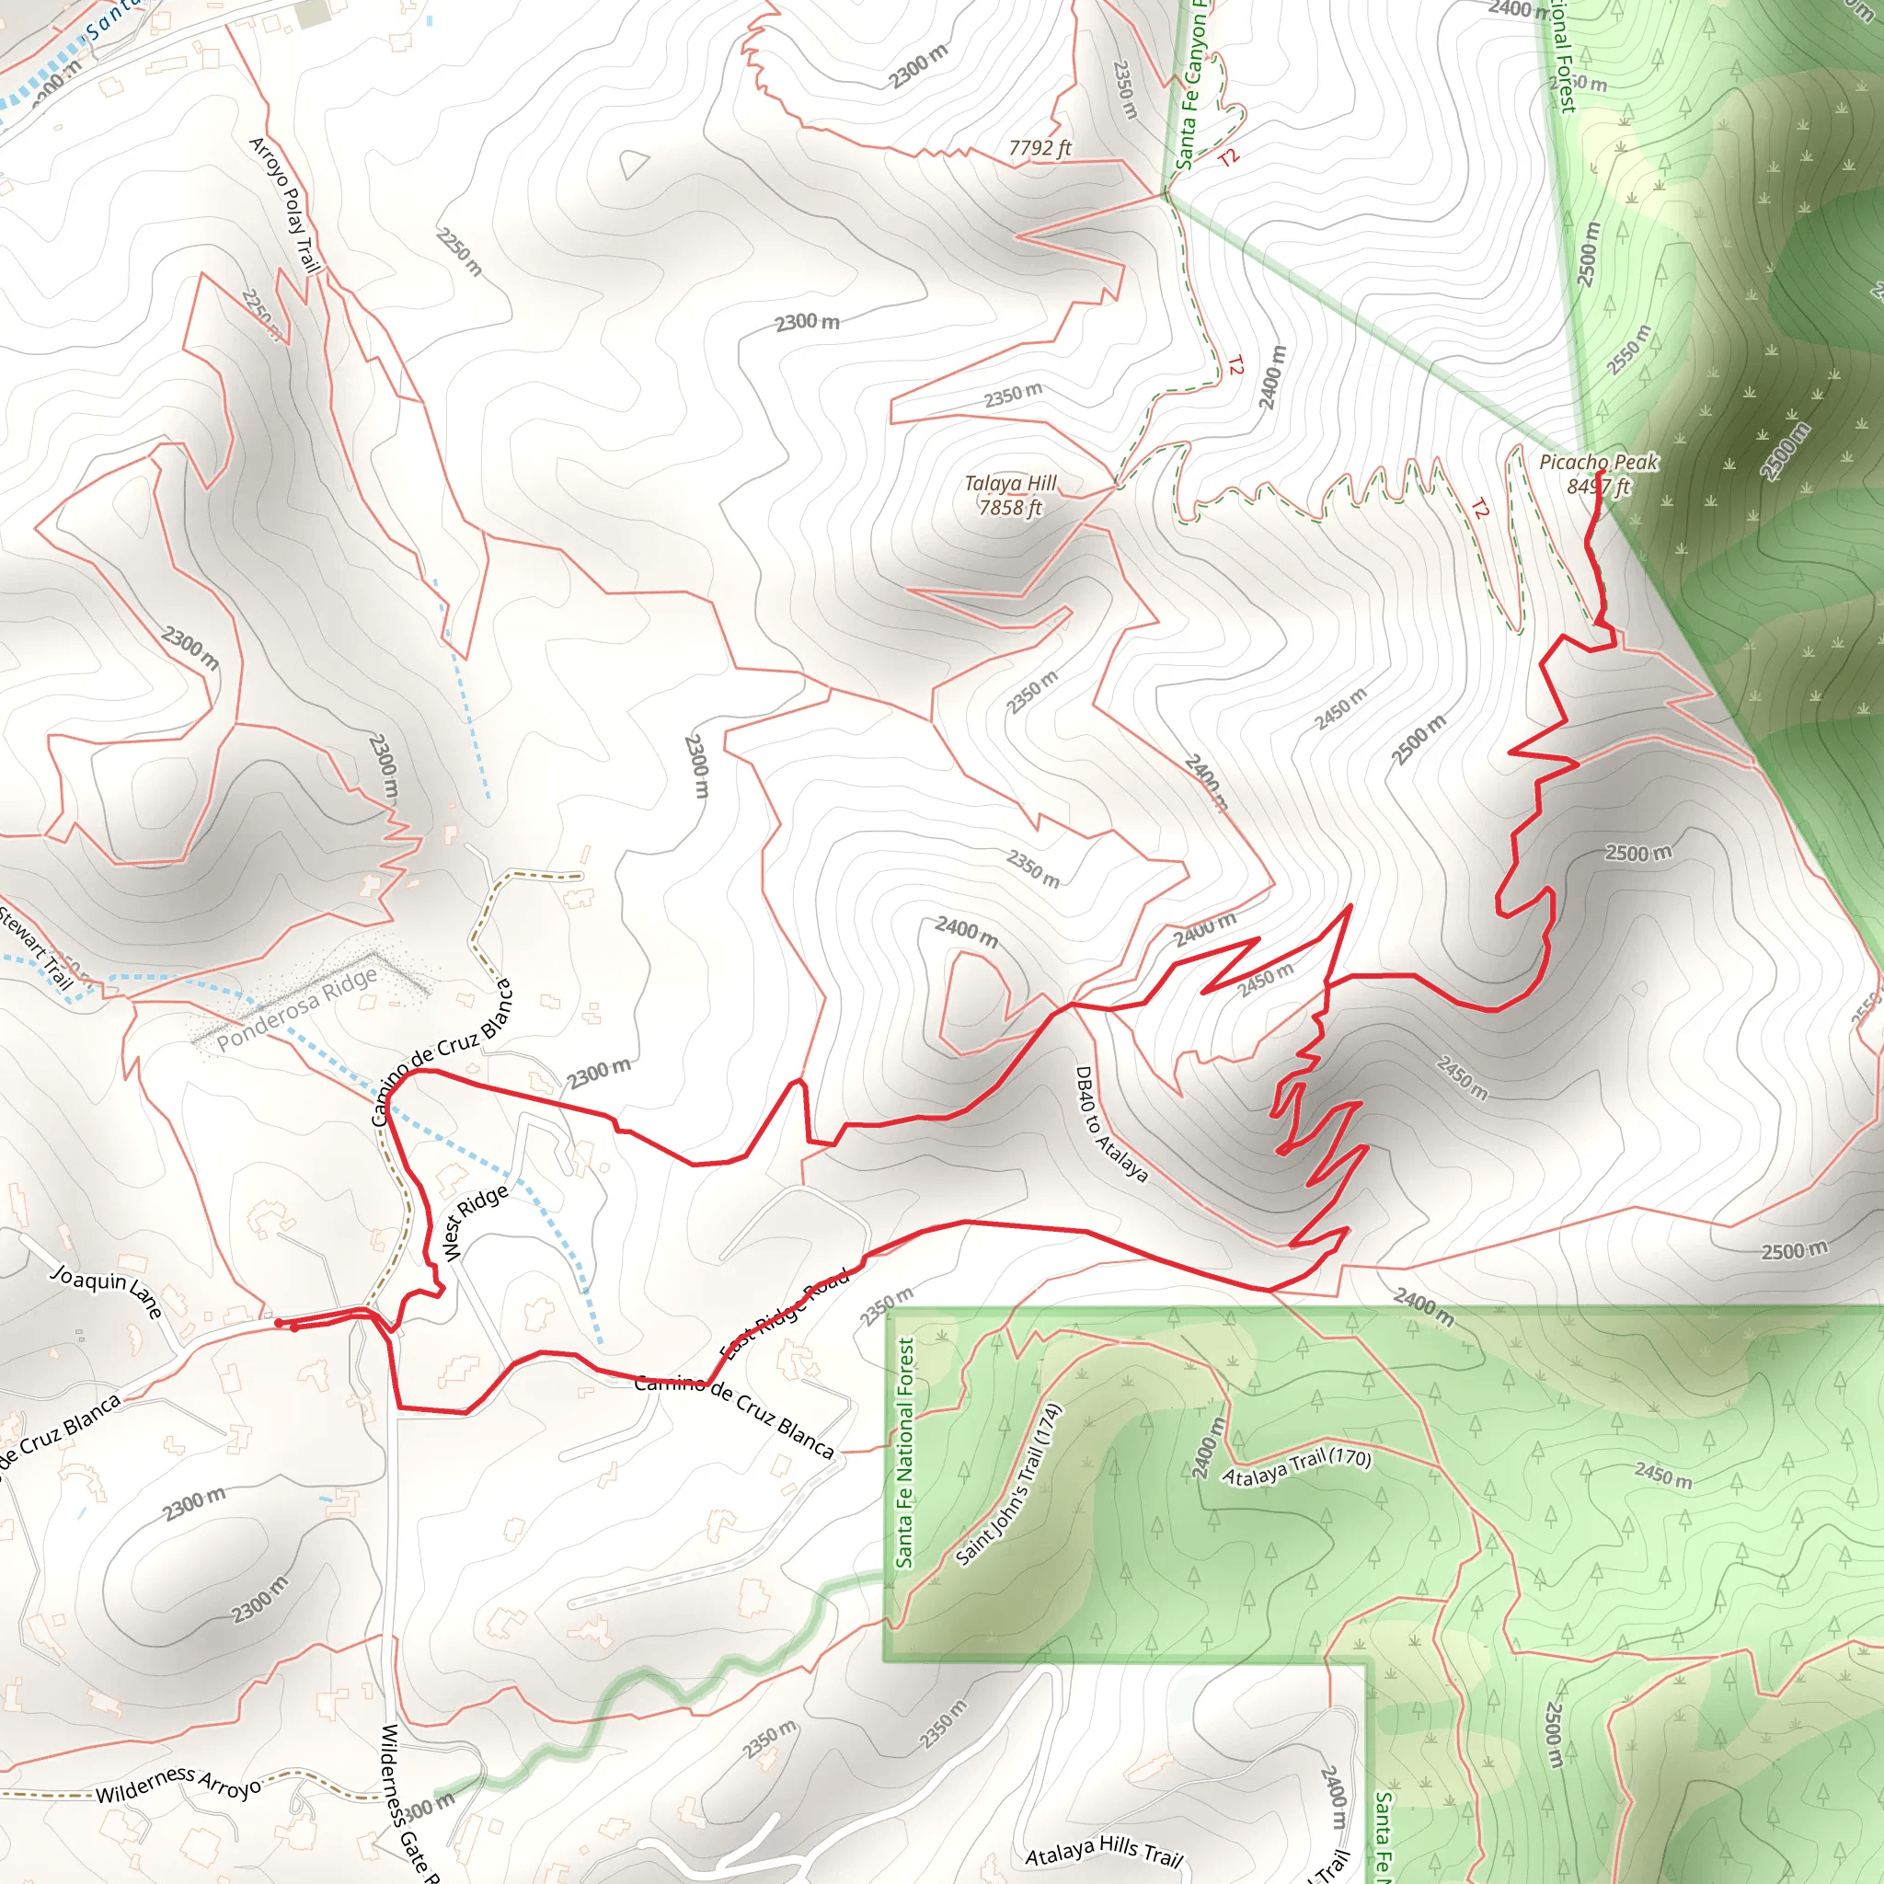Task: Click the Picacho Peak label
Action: click(x=1598, y=462)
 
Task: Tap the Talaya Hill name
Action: click(x=1010, y=484)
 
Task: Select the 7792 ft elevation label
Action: click(x=1040, y=148)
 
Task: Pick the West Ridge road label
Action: click(x=475, y=1223)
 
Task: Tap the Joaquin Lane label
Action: click(x=107, y=1291)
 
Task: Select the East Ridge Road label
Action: click(x=785, y=1313)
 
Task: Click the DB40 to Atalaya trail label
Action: click(x=1110, y=1124)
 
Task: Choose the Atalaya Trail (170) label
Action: click(x=1297, y=1466)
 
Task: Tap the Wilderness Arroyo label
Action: click(x=178, y=1784)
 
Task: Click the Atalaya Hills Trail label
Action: click(x=1103, y=1849)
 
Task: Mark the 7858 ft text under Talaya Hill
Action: click(x=1010, y=508)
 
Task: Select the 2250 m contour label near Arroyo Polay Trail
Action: click(x=458, y=251)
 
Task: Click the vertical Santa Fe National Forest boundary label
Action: click(x=905, y=1452)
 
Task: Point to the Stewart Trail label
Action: click(x=37, y=947)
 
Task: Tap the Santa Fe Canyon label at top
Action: click(x=1191, y=87)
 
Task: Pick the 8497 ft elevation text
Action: click(x=1598, y=486)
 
